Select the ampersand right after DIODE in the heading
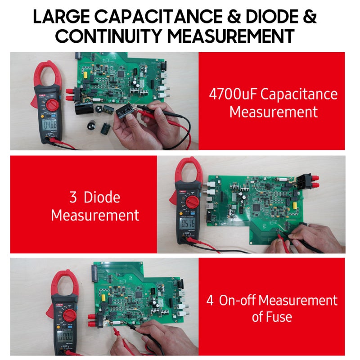(x=309, y=17)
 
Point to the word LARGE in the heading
(x=59, y=17)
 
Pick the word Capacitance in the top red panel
(x=299, y=95)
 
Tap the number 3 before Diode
(x=73, y=198)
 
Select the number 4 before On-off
(x=210, y=300)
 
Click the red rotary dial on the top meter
(x=51, y=105)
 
